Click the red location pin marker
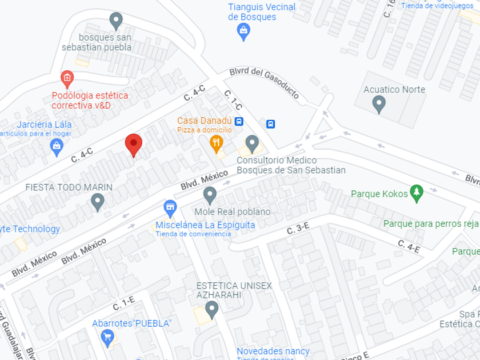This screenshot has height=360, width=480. click(134, 145)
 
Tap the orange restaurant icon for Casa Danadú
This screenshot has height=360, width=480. click(216, 143)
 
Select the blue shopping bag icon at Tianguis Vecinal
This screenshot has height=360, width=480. click(243, 32)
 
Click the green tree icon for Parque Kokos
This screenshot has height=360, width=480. click(417, 193)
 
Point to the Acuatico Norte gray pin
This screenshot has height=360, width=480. click(378, 104)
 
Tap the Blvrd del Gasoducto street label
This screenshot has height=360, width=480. click(264, 83)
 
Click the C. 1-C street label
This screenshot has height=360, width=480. click(233, 100)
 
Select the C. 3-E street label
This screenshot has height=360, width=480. click(298, 230)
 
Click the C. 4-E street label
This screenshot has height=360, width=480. click(409, 246)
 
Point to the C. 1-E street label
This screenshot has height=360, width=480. click(123, 303)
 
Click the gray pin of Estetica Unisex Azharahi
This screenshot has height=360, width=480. click(212, 310)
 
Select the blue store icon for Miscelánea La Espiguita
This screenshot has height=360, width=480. click(170, 207)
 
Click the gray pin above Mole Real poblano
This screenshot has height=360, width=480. click(210, 195)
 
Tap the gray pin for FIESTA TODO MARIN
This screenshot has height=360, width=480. click(98, 201)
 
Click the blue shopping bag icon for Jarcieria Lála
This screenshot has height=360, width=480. click(57, 147)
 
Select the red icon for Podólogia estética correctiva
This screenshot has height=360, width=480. click(67, 78)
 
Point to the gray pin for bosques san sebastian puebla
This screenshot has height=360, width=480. click(116, 21)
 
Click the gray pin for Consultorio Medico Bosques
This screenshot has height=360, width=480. click(252, 143)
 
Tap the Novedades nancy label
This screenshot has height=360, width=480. click(273, 351)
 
